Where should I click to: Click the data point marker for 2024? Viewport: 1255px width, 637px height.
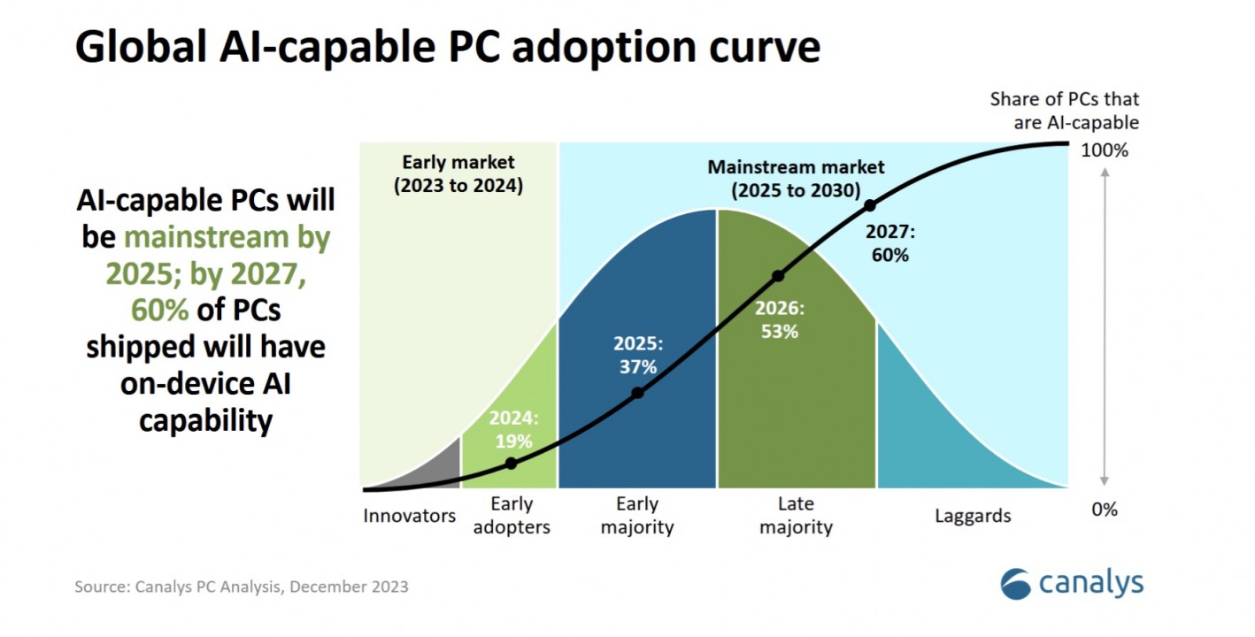[511, 463]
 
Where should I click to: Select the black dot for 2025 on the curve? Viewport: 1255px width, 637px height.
[637, 393]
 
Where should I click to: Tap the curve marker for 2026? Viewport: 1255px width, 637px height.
[779, 276]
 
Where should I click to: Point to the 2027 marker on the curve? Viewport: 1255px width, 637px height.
[870, 205]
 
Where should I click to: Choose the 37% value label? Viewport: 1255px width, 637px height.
[638, 366]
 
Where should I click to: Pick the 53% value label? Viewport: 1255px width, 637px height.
[779, 332]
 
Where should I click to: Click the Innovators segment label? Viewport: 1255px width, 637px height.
[409, 516]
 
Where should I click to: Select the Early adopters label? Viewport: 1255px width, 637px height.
[512, 516]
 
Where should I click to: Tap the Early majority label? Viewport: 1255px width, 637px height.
[637, 516]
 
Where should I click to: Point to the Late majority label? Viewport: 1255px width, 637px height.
[796, 516]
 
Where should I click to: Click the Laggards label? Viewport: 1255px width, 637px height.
[973, 516]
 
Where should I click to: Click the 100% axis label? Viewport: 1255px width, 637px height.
[1105, 150]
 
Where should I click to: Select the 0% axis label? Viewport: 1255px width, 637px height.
[1105, 510]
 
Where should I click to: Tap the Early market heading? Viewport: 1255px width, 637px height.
[458, 173]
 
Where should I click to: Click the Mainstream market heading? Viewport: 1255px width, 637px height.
[796, 179]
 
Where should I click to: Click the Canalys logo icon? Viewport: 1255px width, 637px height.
[1015, 584]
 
